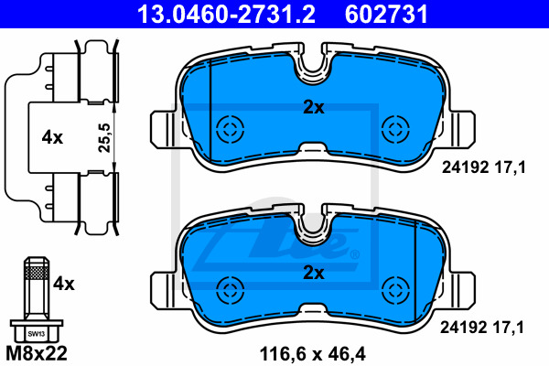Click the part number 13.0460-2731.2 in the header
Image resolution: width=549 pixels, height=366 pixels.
point(226,14)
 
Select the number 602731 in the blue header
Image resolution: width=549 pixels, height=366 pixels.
point(386,14)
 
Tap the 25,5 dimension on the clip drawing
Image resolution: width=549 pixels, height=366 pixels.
point(104,137)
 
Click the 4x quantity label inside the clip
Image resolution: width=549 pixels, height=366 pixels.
point(52,137)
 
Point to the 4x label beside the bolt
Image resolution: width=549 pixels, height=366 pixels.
point(64,284)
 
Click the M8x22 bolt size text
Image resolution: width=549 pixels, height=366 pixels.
point(37,353)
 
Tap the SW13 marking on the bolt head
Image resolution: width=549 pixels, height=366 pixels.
point(37,334)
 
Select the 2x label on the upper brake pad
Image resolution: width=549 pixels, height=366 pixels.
point(313,108)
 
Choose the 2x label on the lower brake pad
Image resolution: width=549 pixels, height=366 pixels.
point(313,273)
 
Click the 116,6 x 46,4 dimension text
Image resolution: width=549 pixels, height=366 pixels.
point(313,354)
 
